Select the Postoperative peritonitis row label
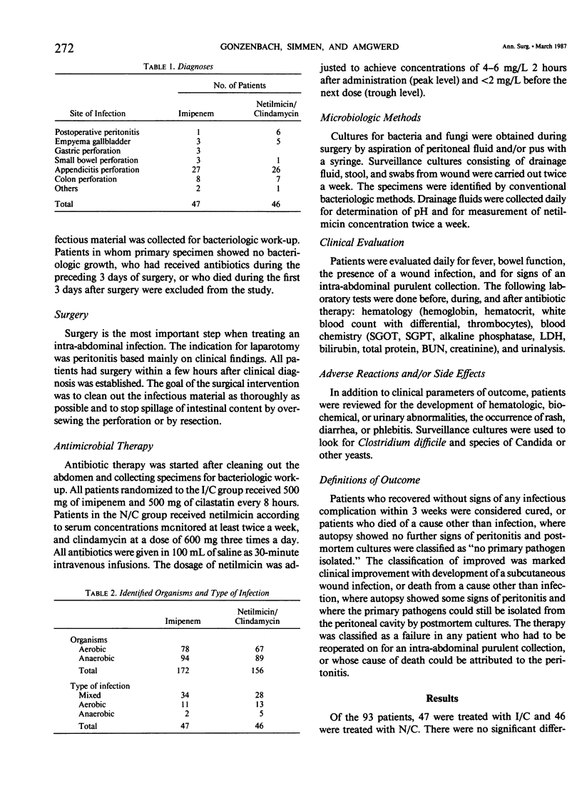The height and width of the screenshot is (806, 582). (97, 131)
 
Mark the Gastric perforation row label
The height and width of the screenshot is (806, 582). (84, 151)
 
